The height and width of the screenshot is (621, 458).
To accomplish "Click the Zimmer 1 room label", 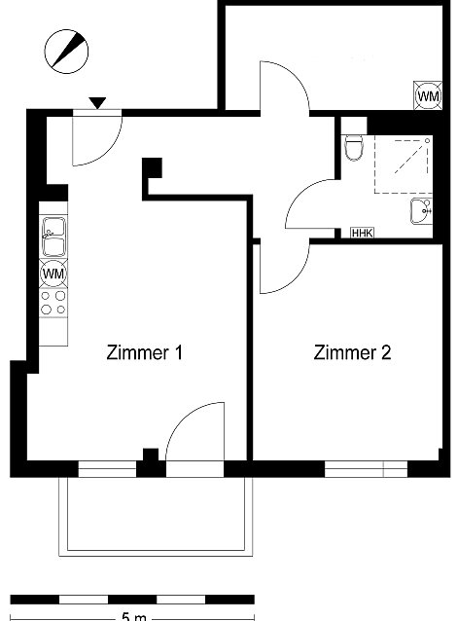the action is click(x=144, y=352).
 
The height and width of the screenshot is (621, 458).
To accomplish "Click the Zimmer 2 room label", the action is click(x=352, y=352).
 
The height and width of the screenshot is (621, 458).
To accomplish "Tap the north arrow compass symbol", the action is click(x=66, y=52).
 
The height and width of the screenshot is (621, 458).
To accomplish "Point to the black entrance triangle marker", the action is click(x=97, y=103).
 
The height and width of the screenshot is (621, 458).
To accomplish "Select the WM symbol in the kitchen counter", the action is click(x=53, y=274).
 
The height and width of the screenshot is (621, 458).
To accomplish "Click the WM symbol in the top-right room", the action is click(x=428, y=95).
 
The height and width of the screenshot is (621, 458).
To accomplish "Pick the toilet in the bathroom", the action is click(x=354, y=147).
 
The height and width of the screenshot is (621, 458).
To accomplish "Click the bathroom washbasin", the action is click(x=421, y=211).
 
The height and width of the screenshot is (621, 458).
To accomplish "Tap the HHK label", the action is click(x=363, y=233).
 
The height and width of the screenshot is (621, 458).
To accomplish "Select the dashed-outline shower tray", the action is click(x=403, y=164).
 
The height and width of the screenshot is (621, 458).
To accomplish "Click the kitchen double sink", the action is click(x=53, y=237).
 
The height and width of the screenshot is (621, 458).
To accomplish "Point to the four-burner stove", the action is click(x=53, y=302).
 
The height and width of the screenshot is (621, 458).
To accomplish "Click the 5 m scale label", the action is click(x=133, y=617).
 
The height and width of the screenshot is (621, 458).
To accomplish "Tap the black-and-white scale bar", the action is click(x=132, y=600).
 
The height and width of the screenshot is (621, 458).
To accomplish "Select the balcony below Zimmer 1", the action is click(x=156, y=517).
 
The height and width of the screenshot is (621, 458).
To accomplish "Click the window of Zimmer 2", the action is click(x=367, y=469).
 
